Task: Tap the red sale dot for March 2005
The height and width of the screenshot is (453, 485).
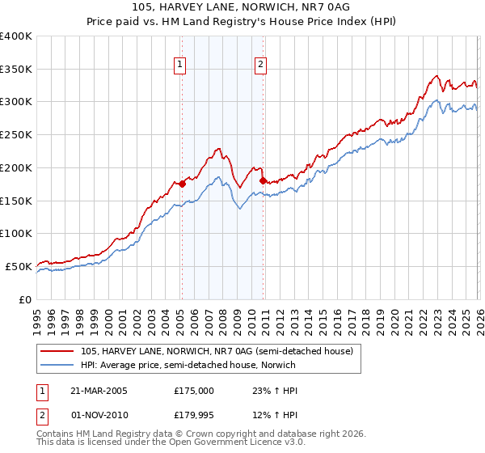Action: pos(182,184)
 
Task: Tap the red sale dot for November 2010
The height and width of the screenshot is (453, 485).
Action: pos(263,180)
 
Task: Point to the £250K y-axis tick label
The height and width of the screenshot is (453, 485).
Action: pos(16,135)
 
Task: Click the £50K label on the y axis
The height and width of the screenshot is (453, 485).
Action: pos(19,266)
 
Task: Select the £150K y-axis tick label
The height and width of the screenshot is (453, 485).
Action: pos(16,201)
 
